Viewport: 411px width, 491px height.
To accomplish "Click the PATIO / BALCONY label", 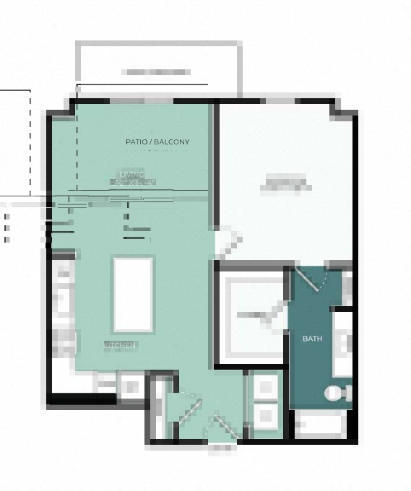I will click(x=157, y=142).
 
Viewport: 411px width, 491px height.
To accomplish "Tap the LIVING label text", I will click(x=132, y=175).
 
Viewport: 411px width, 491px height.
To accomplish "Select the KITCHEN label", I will click(x=121, y=346).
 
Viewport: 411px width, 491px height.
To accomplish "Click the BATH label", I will click(x=312, y=339).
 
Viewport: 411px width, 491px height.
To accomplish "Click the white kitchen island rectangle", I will click(x=133, y=294).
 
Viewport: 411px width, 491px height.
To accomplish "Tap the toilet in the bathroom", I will click(x=338, y=393).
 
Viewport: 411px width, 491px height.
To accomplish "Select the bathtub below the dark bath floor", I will click(x=321, y=424).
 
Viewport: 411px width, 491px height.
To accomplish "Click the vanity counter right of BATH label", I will click(x=342, y=344).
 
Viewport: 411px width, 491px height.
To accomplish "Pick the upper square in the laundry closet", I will click(x=265, y=388).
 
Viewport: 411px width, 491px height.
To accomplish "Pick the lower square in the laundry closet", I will click(x=265, y=415).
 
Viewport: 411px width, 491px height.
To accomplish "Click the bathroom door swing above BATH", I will click(x=315, y=279).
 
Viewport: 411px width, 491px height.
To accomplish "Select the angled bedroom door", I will click(x=228, y=243).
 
